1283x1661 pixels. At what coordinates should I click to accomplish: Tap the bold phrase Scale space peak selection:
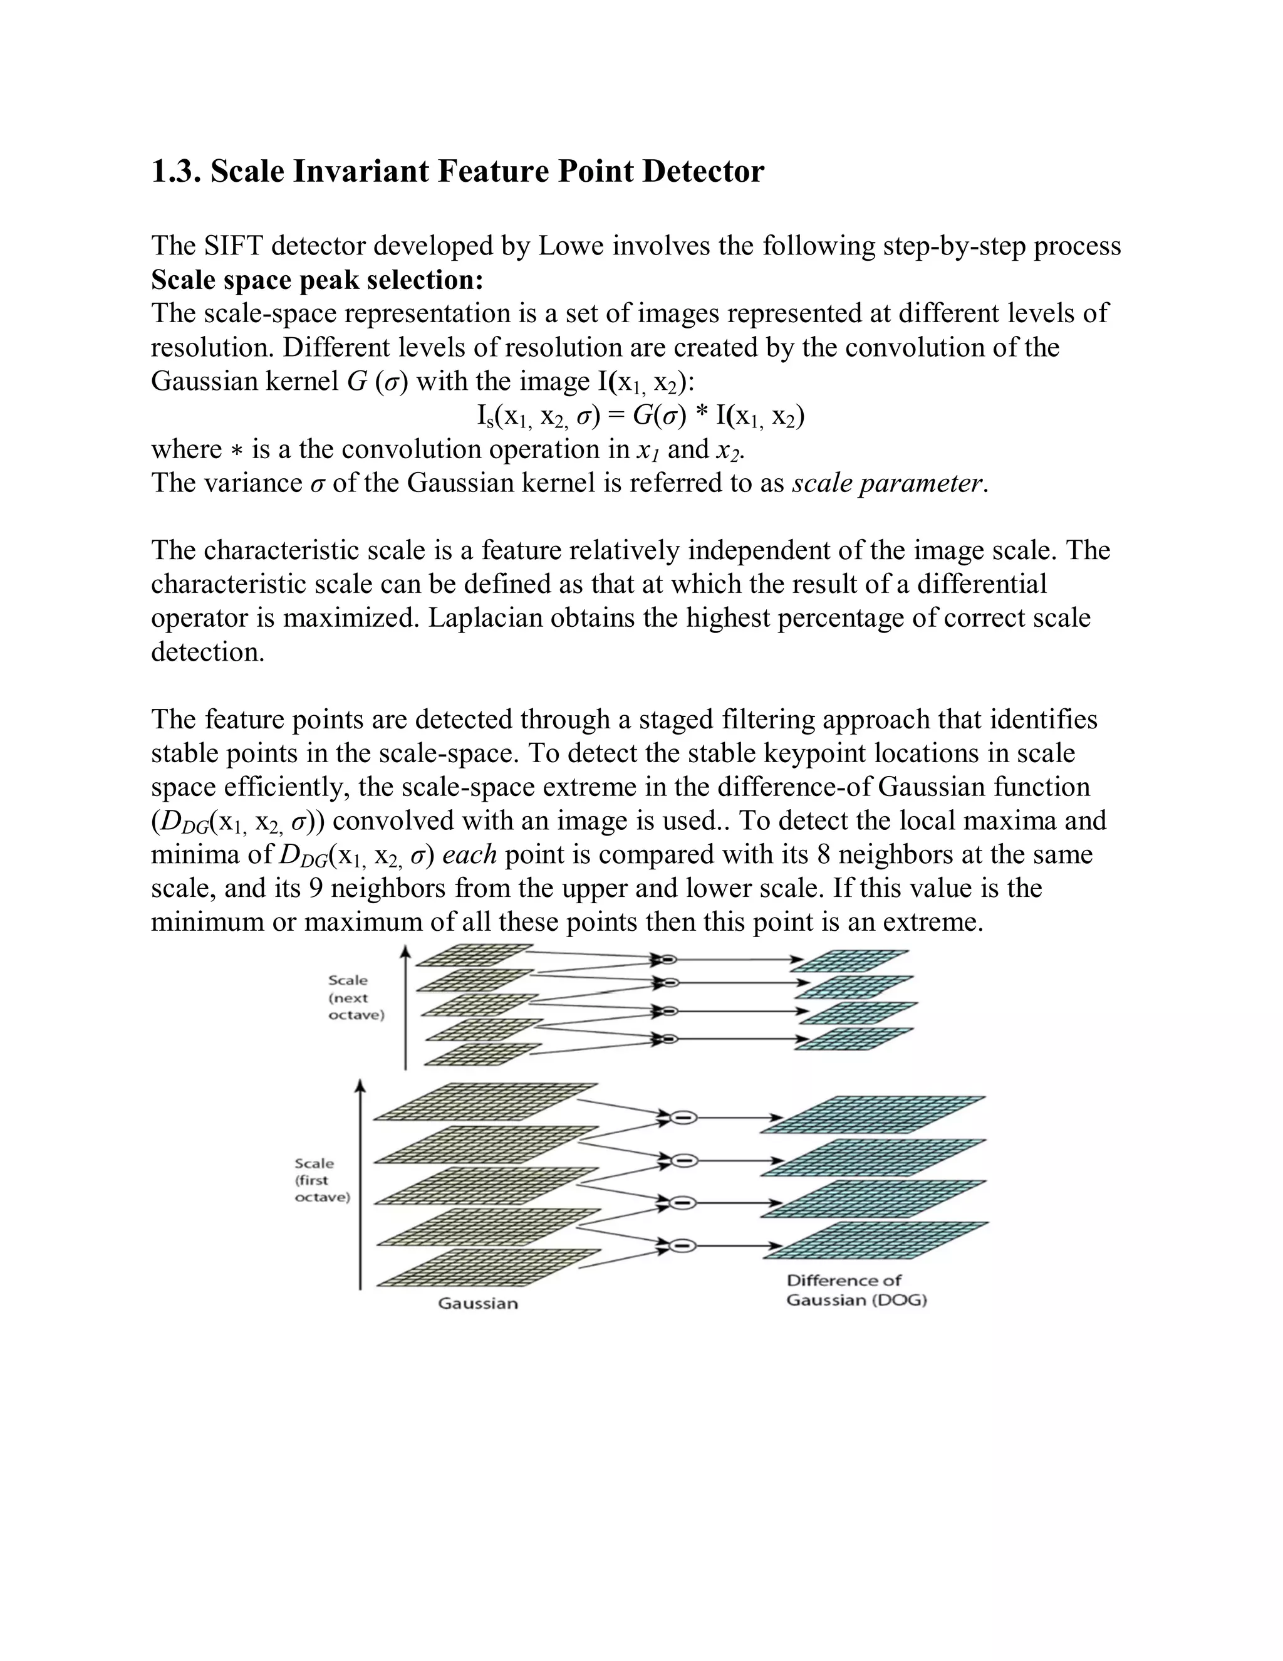tap(317, 280)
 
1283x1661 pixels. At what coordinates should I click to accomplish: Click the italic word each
tap(469, 854)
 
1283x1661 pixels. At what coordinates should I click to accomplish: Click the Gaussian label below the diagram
tap(477, 1304)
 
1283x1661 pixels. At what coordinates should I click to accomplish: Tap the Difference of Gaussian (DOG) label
tap(856, 1291)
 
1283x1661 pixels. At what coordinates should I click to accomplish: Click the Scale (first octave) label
tap(322, 1180)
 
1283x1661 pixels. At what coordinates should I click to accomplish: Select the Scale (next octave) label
tap(356, 998)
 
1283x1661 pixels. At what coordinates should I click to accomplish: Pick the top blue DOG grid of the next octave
tap(853, 960)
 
